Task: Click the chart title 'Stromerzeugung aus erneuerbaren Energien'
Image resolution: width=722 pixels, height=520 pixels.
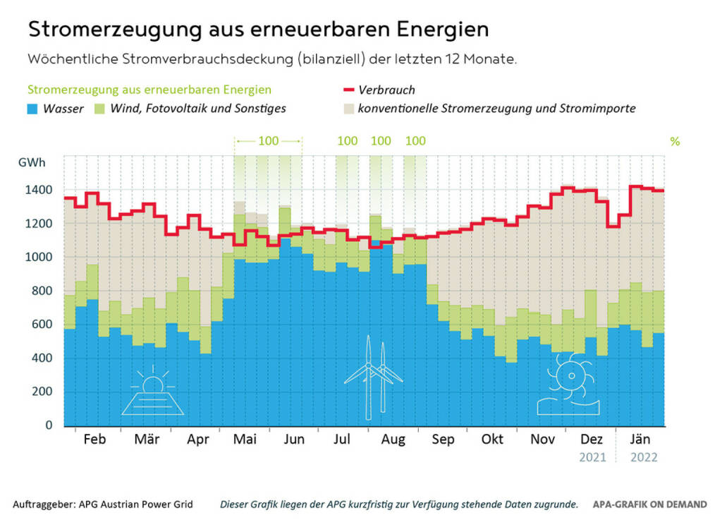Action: [x=258, y=30]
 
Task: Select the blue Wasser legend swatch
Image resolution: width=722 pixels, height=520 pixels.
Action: [x=33, y=109]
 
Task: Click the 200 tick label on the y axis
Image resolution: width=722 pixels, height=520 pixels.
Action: [x=42, y=392]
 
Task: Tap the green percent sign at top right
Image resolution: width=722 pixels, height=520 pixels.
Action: [x=675, y=141]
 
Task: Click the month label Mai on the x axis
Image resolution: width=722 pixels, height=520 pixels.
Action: [x=244, y=440]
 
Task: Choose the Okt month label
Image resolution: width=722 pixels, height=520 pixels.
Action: [x=492, y=440]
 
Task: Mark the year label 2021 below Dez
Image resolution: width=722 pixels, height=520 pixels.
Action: [x=592, y=457]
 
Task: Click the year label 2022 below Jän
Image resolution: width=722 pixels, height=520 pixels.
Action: [x=643, y=457]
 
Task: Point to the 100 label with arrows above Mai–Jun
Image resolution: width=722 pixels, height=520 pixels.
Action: [x=268, y=140]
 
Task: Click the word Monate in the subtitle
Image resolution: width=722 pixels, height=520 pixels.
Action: [x=490, y=59]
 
